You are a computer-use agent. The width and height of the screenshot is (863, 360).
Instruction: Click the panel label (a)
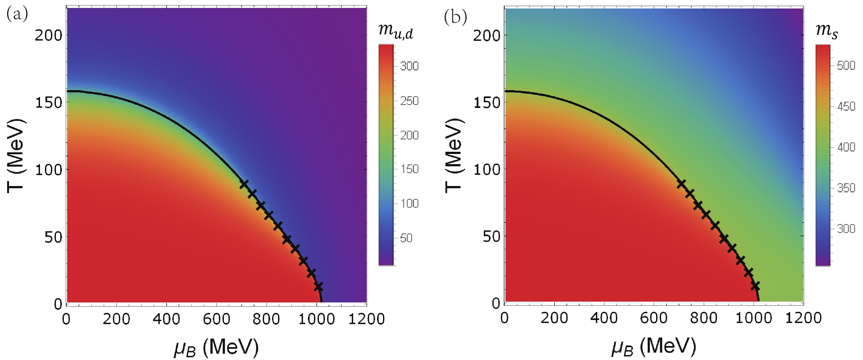tap(17, 14)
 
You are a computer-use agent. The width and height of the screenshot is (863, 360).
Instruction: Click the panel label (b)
tap(455, 17)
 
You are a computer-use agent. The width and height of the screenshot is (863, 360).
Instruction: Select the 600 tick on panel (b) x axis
tap(654, 318)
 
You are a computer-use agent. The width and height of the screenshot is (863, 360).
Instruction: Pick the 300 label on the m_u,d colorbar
tap(409, 66)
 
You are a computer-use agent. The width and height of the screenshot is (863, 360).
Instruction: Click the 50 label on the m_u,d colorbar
tap(406, 238)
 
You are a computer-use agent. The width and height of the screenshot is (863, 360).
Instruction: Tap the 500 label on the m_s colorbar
tap(846, 65)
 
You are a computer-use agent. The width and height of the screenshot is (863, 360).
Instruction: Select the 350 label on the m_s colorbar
tap(846, 188)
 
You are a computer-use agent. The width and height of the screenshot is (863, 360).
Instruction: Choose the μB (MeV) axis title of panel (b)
tap(654, 346)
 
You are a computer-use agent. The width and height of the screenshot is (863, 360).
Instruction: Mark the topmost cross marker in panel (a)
tap(244, 184)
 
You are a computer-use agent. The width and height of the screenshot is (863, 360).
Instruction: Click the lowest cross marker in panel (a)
tap(318, 287)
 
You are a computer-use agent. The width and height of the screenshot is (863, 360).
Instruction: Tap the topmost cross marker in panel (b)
tap(681, 184)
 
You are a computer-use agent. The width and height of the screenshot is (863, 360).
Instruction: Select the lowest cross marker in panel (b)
tap(755, 286)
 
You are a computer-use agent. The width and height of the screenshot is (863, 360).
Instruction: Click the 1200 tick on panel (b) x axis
tap(803, 318)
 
